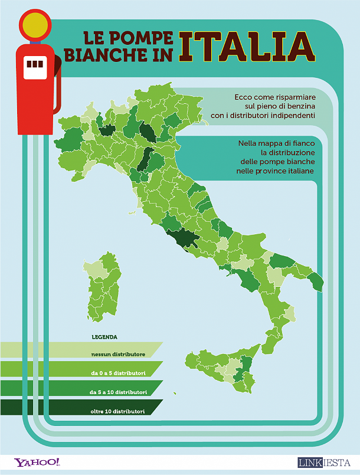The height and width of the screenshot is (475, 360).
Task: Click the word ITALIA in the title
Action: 247,46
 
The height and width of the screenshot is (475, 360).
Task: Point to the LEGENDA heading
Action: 104,338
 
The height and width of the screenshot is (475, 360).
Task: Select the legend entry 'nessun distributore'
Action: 118,354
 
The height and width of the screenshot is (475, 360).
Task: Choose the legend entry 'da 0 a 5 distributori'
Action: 118,373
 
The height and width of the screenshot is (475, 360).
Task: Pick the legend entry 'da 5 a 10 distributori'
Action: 118,392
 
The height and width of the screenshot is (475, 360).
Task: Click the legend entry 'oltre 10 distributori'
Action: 118,411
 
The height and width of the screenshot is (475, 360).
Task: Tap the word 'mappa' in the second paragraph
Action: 273,143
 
